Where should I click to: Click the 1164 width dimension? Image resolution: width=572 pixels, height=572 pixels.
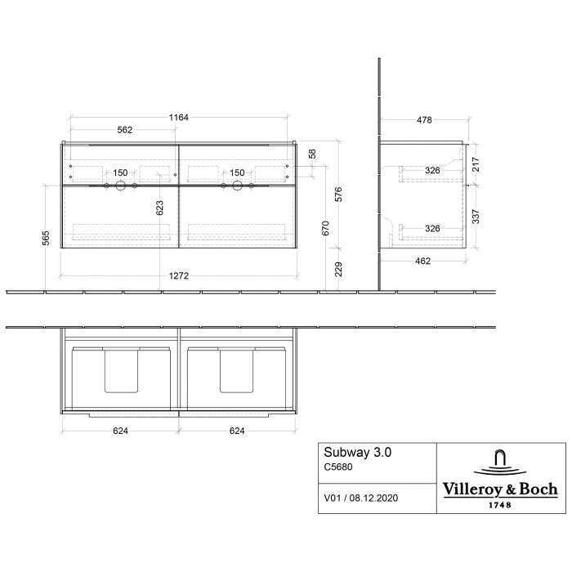[x=179, y=118]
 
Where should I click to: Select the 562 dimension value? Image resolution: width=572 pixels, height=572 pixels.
[x=124, y=130]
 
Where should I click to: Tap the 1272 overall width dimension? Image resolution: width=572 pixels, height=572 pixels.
[x=179, y=276]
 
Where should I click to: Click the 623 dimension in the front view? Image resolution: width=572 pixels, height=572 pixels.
[x=160, y=208]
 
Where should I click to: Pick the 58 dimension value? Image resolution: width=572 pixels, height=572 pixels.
[x=311, y=154]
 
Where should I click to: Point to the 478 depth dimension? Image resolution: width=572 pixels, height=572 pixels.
[x=424, y=120]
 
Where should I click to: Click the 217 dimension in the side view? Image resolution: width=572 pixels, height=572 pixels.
[x=476, y=163]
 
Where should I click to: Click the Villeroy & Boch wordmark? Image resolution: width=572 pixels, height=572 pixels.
[x=500, y=489]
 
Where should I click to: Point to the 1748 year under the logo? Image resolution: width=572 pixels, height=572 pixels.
[x=500, y=504]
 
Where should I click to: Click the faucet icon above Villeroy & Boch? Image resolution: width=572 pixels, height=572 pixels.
[x=500, y=461]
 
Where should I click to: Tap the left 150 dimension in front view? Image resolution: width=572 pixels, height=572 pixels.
[x=120, y=172]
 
